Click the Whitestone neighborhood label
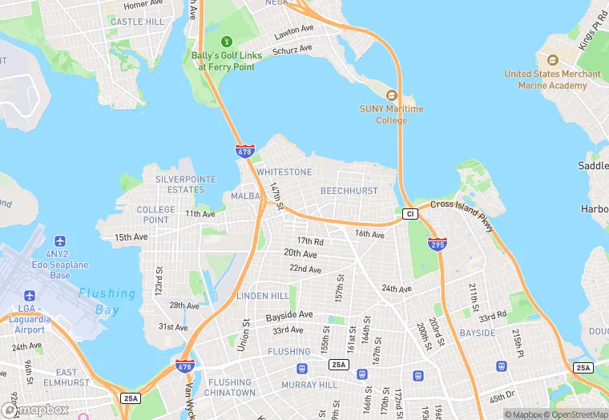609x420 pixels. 284,172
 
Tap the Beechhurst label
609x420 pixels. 349,191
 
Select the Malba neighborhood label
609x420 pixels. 245,196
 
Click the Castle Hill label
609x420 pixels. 137,22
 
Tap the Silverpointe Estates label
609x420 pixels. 180,184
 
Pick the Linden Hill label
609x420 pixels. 263,296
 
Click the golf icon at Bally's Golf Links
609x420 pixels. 226,41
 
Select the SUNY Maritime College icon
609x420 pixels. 391,95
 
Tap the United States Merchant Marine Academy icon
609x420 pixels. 552,60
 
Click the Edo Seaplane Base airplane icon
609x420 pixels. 59,241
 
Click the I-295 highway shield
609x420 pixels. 437,244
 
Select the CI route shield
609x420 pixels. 409,214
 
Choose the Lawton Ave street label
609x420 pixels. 293,30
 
